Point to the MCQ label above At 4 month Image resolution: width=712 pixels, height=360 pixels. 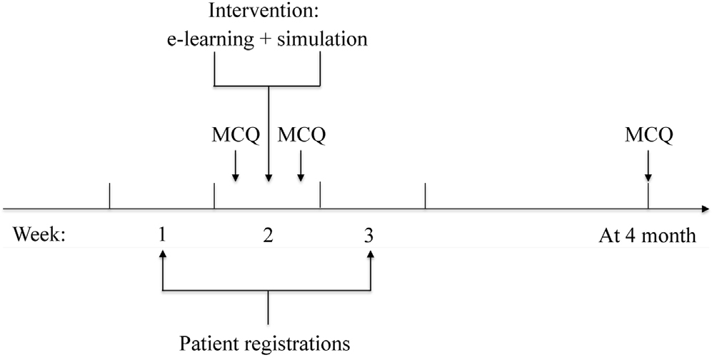(647, 134)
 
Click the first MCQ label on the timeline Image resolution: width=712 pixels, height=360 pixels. (235, 134)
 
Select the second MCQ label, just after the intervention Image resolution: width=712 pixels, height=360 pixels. (301, 134)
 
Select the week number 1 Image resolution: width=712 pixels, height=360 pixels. (163, 235)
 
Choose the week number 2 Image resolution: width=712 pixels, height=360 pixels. (269, 235)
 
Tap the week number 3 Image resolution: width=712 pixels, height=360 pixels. (369, 235)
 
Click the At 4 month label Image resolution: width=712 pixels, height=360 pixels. (647, 235)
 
